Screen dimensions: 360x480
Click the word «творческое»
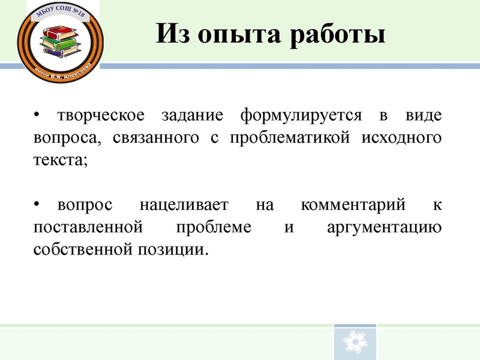pyautogui.click(x=100, y=114)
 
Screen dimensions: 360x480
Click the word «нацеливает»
pyautogui.click(x=184, y=205)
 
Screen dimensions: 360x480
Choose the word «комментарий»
pyautogui.click(x=353, y=205)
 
